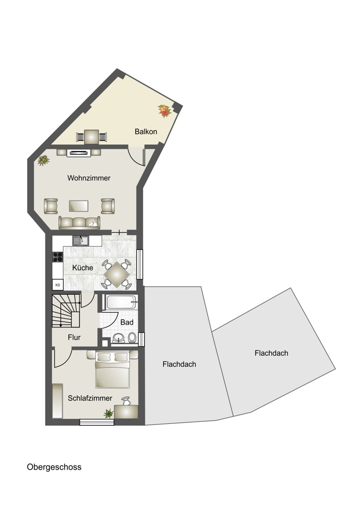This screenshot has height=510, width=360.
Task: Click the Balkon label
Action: point(146,132)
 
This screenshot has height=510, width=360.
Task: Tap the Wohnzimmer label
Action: point(89,178)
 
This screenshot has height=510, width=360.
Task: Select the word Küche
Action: point(83,268)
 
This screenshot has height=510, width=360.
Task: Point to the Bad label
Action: point(127,322)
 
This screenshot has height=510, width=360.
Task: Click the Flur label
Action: point(74,337)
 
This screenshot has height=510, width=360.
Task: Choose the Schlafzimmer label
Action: point(90,398)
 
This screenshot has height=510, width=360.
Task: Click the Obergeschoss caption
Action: point(54,467)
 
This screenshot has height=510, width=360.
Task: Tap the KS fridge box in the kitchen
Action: point(58,285)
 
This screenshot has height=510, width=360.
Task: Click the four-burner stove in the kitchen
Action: point(58,257)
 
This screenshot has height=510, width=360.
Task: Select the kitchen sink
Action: point(81,241)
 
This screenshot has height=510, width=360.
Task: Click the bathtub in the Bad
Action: point(120,302)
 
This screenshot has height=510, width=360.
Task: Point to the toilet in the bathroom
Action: point(132,337)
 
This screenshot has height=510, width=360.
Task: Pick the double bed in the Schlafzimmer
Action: point(113,370)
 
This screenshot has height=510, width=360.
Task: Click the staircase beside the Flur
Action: point(66,311)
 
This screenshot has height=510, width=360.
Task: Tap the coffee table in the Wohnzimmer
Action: point(79,206)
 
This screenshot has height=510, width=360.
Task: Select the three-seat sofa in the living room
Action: point(80,223)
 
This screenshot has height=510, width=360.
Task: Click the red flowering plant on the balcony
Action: point(165,111)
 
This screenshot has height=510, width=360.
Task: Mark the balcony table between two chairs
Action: point(92,137)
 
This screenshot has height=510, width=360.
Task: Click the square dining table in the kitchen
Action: point(117,274)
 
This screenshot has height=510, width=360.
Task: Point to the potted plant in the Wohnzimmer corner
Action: point(43,160)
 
